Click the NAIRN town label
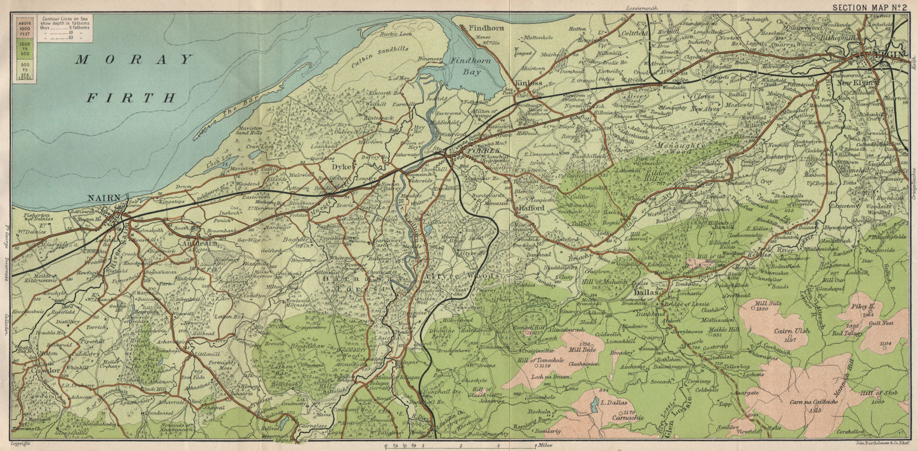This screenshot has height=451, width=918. coord(103,199)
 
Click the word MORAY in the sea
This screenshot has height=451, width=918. coord(135,60)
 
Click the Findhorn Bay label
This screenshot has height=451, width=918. coord(474,66)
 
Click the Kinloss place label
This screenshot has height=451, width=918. coord(528,83)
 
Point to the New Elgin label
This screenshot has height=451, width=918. coord(857,83)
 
